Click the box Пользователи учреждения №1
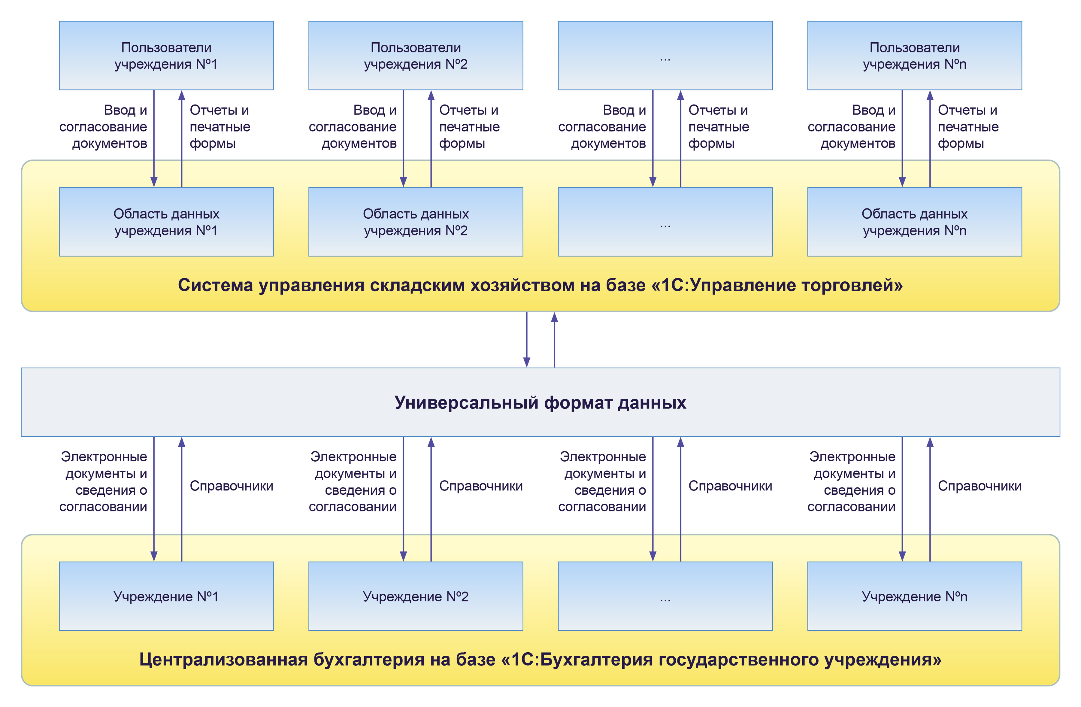pos(166,56)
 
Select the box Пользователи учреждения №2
pos(416,56)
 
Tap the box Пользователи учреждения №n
pos(914,56)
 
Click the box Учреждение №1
pos(166,596)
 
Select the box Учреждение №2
pos(416,596)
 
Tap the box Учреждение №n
pos(914,596)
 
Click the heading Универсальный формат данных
pos(540,402)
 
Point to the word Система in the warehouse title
pos(215,285)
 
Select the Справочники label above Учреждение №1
pos(231,486)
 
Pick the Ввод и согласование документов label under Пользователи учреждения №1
pos(104,127)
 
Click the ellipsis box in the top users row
pos(665,56)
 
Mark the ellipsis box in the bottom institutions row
pos(665,596)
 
